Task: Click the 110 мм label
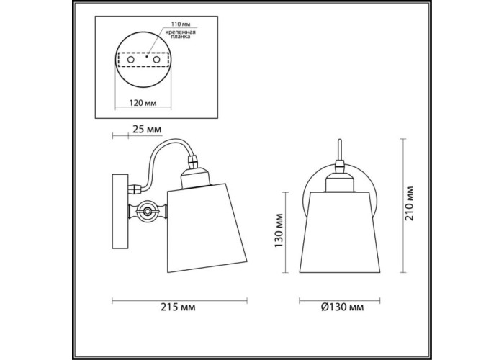[180, 24]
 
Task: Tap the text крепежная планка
[181, 35]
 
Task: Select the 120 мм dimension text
[143, 103]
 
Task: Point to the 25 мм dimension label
[147, 130]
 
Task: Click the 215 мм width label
[178, 307]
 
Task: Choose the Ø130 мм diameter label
[342, 307]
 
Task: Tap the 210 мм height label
[410, 203]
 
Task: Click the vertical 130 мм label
[279, 230]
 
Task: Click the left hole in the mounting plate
[131, 60]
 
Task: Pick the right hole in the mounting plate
[156, 60]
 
